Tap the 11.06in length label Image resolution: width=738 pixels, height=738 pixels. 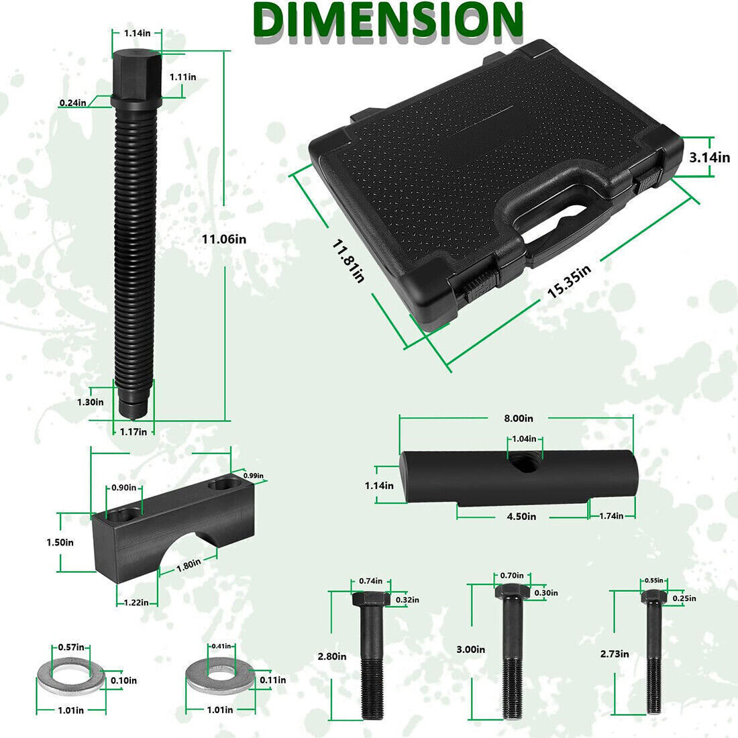pyautogui.click(x=224, y=239)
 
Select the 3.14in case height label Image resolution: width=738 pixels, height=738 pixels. pyautogui.click(x=709, y=157)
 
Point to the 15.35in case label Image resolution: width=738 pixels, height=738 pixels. pyautogui.click(x=569, y=282)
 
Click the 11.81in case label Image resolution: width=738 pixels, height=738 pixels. pyautogui.click(x=348, y=262)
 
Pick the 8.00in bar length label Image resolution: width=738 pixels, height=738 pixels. pyautogui.click(x=518, y=418)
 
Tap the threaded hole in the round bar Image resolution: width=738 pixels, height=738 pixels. pyautogui.click(x=525, y=463)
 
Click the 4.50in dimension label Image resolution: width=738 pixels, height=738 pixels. pyautogui.click(x=521, y=517)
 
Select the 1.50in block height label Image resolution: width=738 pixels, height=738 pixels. pyautogui.click(x=60, y=542)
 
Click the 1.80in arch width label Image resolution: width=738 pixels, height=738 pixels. pyautogui.click(x=189, y=565)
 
